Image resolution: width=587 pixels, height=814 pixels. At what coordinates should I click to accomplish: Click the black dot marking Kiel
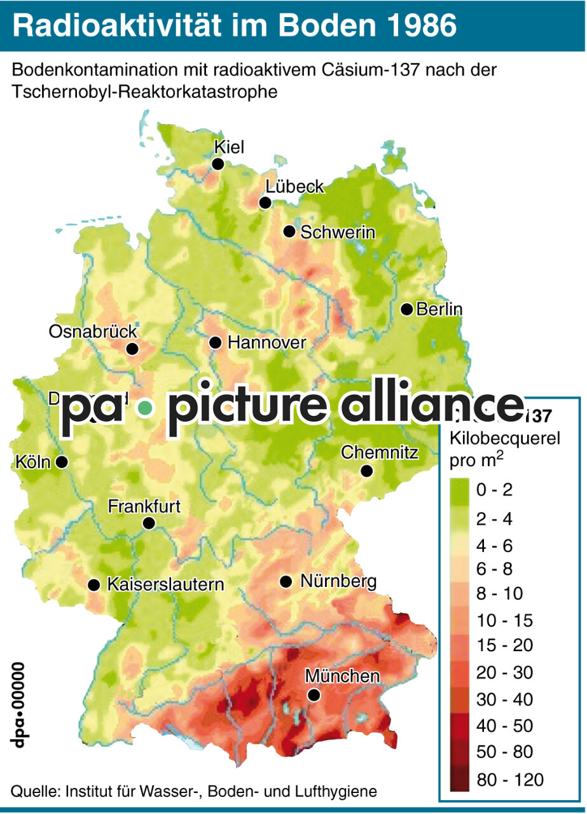point(218,164)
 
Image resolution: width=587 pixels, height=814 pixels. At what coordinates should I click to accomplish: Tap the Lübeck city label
point(294,187)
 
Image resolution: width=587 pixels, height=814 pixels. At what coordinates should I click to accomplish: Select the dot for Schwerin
point(289,231)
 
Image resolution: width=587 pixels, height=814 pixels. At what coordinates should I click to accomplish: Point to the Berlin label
point(439,310)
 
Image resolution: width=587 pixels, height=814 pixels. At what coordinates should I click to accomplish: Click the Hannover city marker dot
point(215,343)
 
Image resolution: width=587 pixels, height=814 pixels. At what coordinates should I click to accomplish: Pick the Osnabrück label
point(93,332)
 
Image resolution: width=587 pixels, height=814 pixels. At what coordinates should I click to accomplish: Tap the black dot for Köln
point(62,462)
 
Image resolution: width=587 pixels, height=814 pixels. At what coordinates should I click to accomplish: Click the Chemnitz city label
point(379,453)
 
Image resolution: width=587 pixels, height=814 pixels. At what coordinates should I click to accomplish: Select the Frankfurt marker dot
point(149,523)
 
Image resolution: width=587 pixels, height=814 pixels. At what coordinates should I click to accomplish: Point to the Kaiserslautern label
point(165,584)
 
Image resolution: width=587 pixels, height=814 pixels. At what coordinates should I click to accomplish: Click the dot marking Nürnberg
point(286,581)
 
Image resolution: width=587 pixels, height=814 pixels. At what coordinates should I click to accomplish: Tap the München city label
point(342,676)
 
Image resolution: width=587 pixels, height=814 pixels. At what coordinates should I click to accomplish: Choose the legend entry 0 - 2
point(494,490)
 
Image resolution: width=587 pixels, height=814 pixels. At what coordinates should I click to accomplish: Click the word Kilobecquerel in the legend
point(495,439)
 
